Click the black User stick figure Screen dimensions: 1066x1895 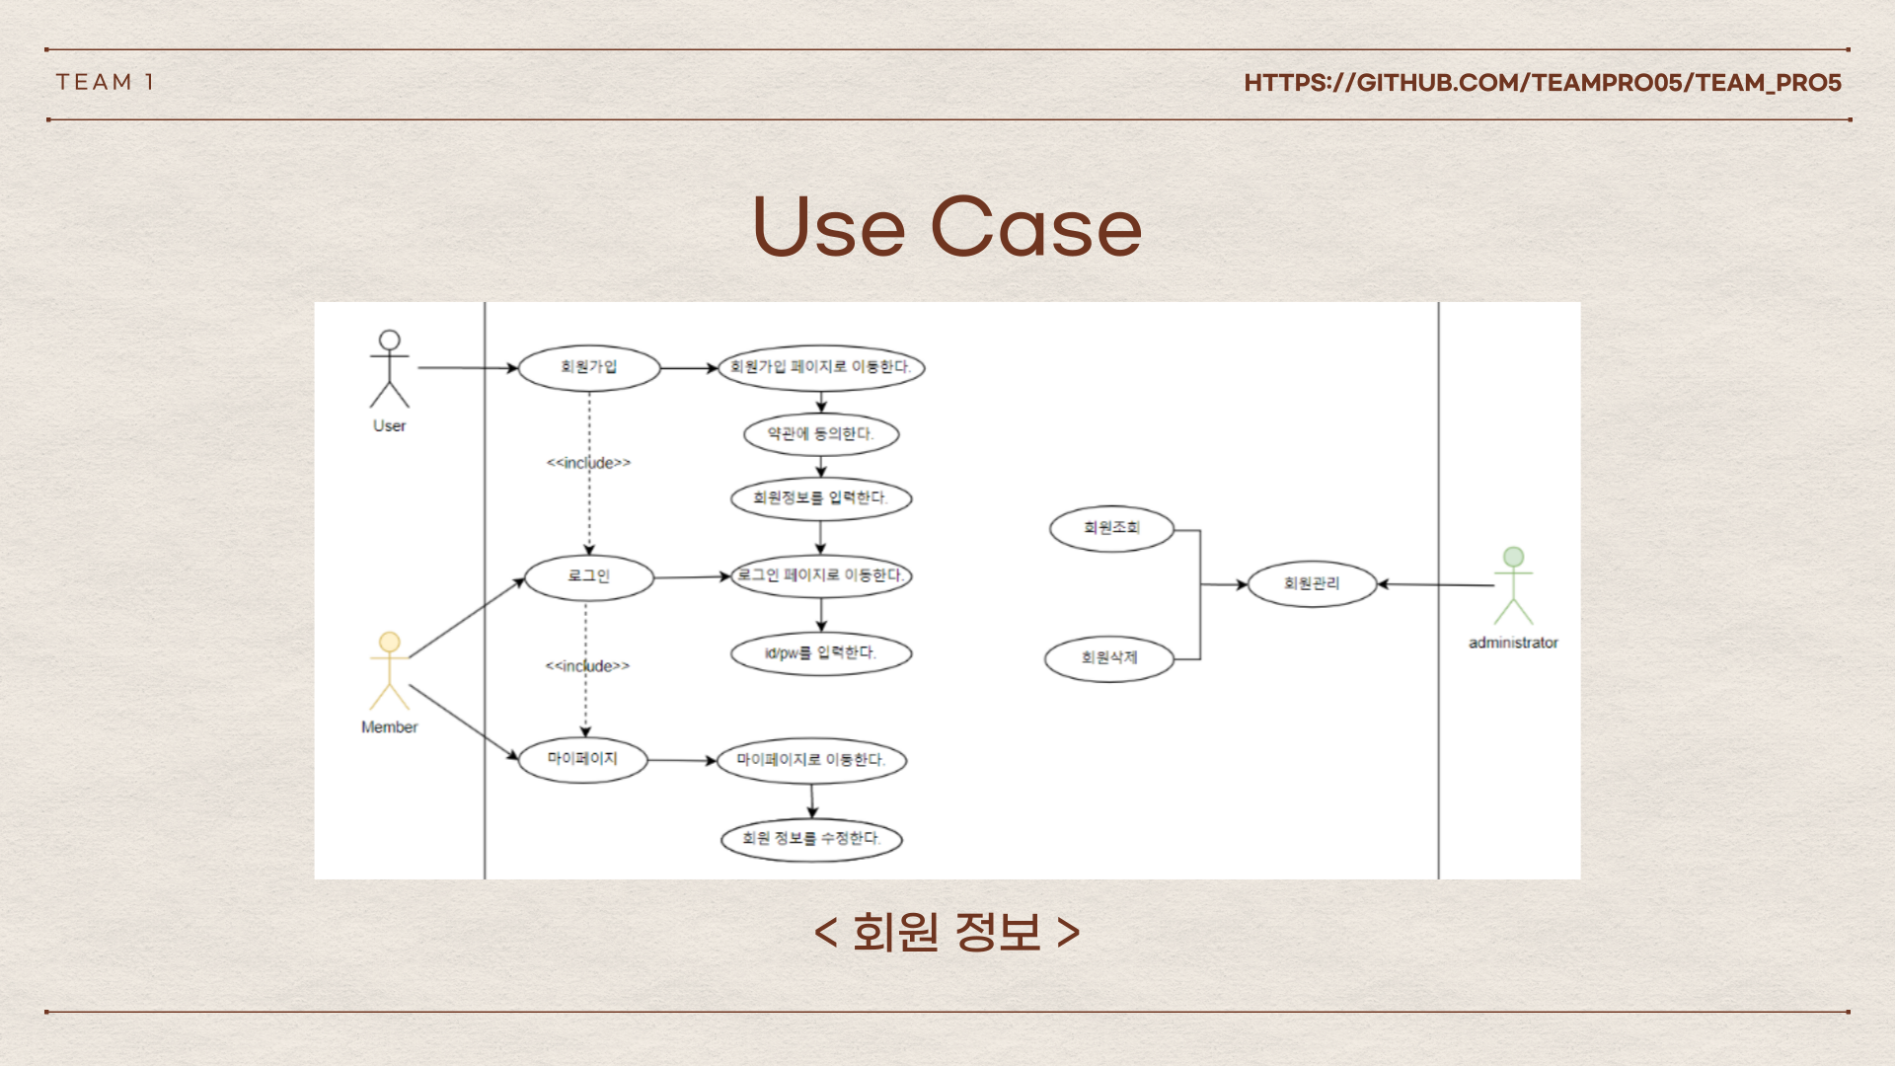pos(390,369)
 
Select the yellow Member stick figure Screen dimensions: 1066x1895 pos(390,671)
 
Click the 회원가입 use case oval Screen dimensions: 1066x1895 pos(589,367)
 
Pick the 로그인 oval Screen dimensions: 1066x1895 pos(589,576)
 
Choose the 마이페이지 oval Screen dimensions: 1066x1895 pos(582,759)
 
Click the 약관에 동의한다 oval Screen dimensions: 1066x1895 pos(821,434)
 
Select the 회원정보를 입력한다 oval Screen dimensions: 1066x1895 pos(821,497)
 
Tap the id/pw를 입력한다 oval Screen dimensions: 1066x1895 pos(821,653)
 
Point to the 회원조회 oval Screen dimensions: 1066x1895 pos(1111,528)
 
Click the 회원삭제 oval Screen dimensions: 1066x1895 pos(1109,658)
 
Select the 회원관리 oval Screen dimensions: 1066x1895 pos(1312,584)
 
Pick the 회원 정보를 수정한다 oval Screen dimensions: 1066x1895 pos(811,839)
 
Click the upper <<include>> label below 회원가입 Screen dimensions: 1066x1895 pos(588,463)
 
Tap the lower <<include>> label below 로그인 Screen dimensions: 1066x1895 pos(587,666)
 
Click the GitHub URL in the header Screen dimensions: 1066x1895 pos(1542,83)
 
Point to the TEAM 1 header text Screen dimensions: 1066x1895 pos(105,82)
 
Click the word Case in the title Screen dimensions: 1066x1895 pos(1035,228)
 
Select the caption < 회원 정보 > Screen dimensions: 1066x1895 pos(947,931)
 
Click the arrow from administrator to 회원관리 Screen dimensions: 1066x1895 pos(1436,585)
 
